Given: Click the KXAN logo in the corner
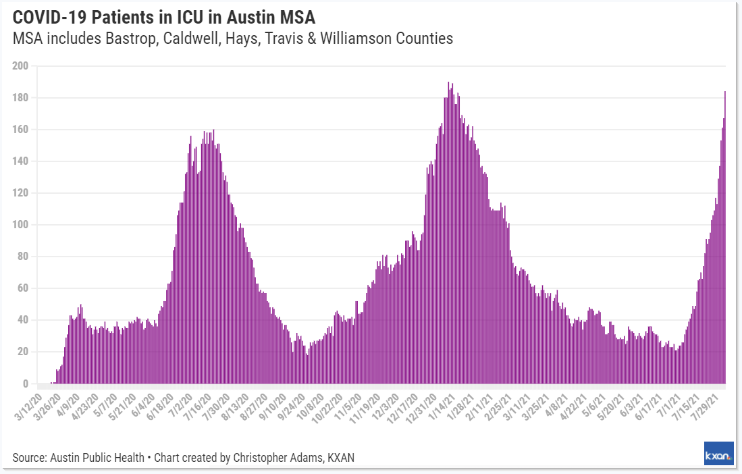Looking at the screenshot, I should [x=718, y=454].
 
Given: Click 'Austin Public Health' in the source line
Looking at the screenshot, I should [x=97, y=458].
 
